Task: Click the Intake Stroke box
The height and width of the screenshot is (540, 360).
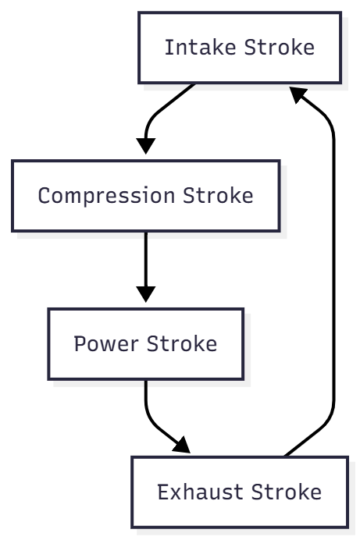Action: pos(239,48)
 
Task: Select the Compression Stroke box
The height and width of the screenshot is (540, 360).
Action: pos(145,195)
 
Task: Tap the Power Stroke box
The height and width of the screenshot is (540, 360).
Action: pos(145,343)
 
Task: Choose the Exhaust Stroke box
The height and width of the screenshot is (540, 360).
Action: pos(239,492)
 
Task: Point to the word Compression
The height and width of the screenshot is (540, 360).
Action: pos(108,195)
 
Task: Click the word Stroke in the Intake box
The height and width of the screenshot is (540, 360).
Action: pos(279,48)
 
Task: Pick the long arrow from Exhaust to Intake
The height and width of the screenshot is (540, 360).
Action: pos(333,273)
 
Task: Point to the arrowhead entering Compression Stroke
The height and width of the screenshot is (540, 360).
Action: pos(145,146)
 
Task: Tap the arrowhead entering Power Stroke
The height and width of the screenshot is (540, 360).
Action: pos(145,294)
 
